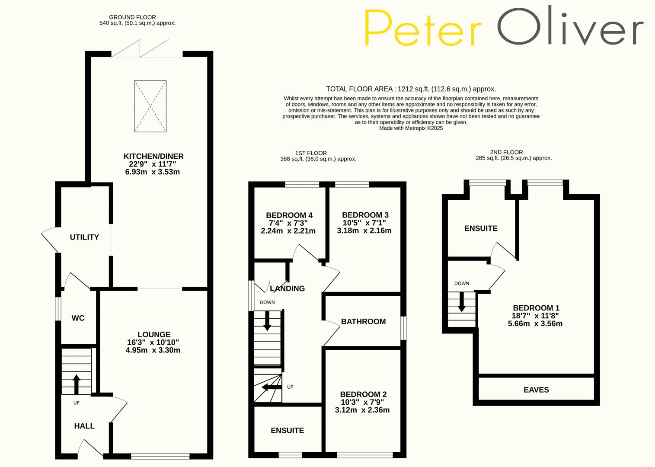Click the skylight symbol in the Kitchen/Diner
pos(150,106)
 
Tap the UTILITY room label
pos(84,237)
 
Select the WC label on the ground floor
pos(78,318)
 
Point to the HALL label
pos(84,426)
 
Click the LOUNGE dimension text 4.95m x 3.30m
pos(153,350)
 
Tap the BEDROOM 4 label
pos(289,215)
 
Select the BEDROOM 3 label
pos(365,215)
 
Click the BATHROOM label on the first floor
pos(363,321)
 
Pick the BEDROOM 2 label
pos(363,394)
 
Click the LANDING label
pos(288,288)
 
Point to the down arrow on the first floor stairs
pos(267,323)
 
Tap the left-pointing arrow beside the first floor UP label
pos(271,387)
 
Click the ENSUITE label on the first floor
pos(287,430)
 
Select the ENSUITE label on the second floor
pos(481,228)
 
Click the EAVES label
pos(536,390)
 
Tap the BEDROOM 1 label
pos(536,308)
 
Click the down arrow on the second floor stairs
pos(462,302)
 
